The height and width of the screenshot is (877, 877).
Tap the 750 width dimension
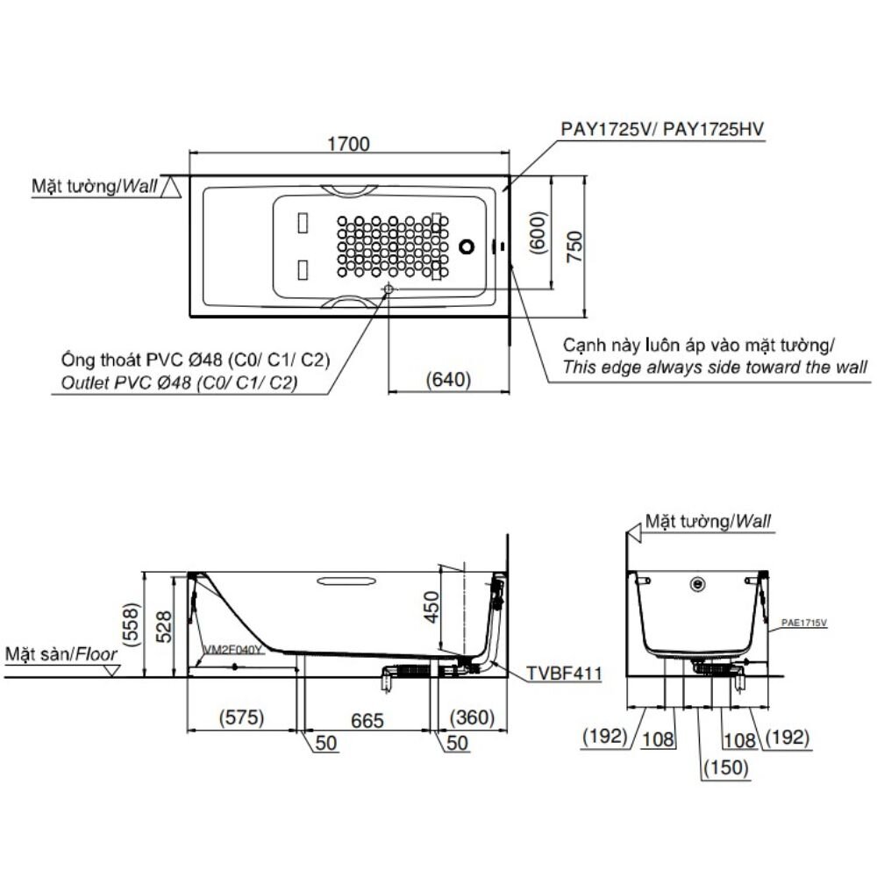pyautogui.click(x=573, y=247)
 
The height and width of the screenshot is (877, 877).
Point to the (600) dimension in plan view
pyautogui.click(x=539, y=233)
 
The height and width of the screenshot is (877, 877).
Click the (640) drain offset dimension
pyautogui.click(x=448, y=381)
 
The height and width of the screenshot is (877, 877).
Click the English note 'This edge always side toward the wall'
pyautogui.click(x=716, y=367)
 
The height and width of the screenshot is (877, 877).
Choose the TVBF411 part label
pyautogui.click(x=564, y=674)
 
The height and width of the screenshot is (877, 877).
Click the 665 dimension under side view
pyautogui.click(x=367, y=720)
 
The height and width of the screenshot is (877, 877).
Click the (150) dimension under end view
pyautogui.click(x=724, y=768)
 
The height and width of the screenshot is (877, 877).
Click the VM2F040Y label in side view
pyautogui.click(x=232, y=650)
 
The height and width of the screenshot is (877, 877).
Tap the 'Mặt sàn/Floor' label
pyautogui.click(x=61, y=654)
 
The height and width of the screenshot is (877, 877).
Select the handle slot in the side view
pyautogui.click(x=347, y=580)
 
